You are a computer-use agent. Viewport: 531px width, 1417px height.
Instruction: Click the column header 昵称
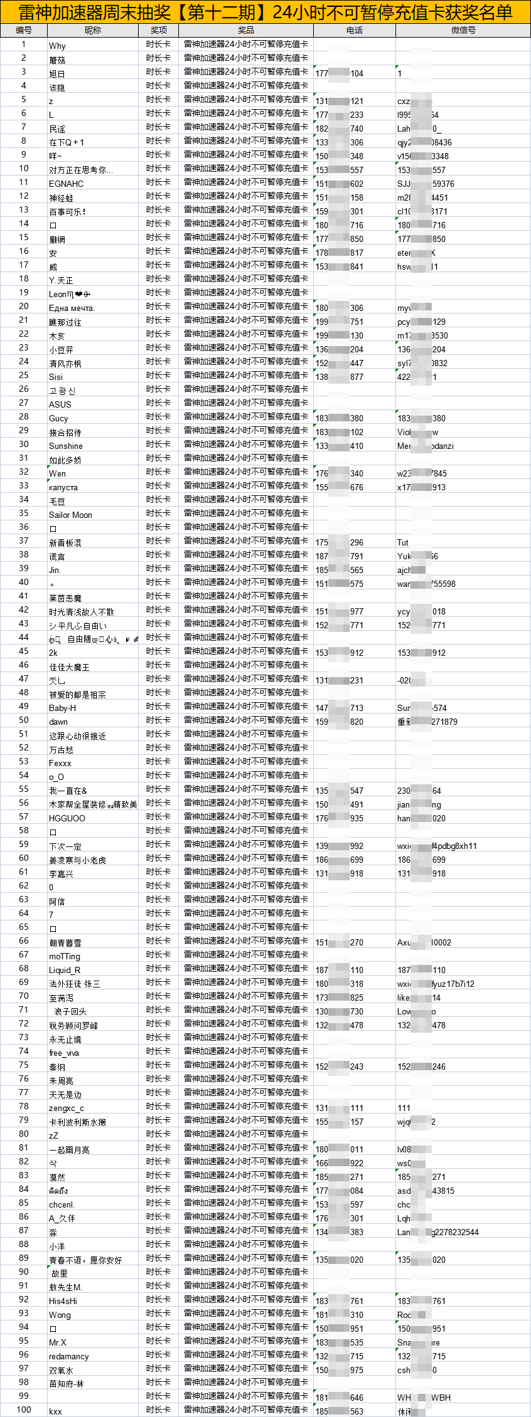pos(92,30)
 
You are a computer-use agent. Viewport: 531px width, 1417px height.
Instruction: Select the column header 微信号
pos(463,30)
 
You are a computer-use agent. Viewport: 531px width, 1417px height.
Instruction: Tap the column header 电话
pos(354,30)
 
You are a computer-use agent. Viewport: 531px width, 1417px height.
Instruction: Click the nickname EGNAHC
pos(66,184)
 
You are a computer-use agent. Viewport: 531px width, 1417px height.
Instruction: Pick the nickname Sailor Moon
pos(70,515)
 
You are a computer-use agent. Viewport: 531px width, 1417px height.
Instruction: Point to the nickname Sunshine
pos(65,446)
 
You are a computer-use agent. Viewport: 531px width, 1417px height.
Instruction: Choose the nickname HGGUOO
pos(67,818)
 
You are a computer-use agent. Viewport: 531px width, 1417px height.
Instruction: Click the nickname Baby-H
pos(62,708)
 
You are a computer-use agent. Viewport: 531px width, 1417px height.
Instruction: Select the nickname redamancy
pos(68,1356)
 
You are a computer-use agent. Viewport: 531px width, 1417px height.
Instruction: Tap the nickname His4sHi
pos(63,1301)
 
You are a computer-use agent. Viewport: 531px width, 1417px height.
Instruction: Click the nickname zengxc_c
pos(66,1108)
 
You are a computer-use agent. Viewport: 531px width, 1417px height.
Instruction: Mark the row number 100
pos(24,1409)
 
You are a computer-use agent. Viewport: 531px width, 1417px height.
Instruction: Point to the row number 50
pos(24,720)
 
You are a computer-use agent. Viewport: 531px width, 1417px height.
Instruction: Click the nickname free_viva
pos(64,1053)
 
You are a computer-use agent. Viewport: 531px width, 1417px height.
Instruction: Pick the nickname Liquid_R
pos(65,970)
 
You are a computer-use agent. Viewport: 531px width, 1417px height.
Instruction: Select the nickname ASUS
pos(60,404)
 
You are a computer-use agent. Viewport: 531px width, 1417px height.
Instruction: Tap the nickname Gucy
pos(58,418)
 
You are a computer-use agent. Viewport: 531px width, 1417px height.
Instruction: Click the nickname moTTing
pos(65,956)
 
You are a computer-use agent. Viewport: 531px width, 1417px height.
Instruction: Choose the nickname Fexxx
pos(60,763)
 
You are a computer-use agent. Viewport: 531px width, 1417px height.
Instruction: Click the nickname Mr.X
pos(58,1342)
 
